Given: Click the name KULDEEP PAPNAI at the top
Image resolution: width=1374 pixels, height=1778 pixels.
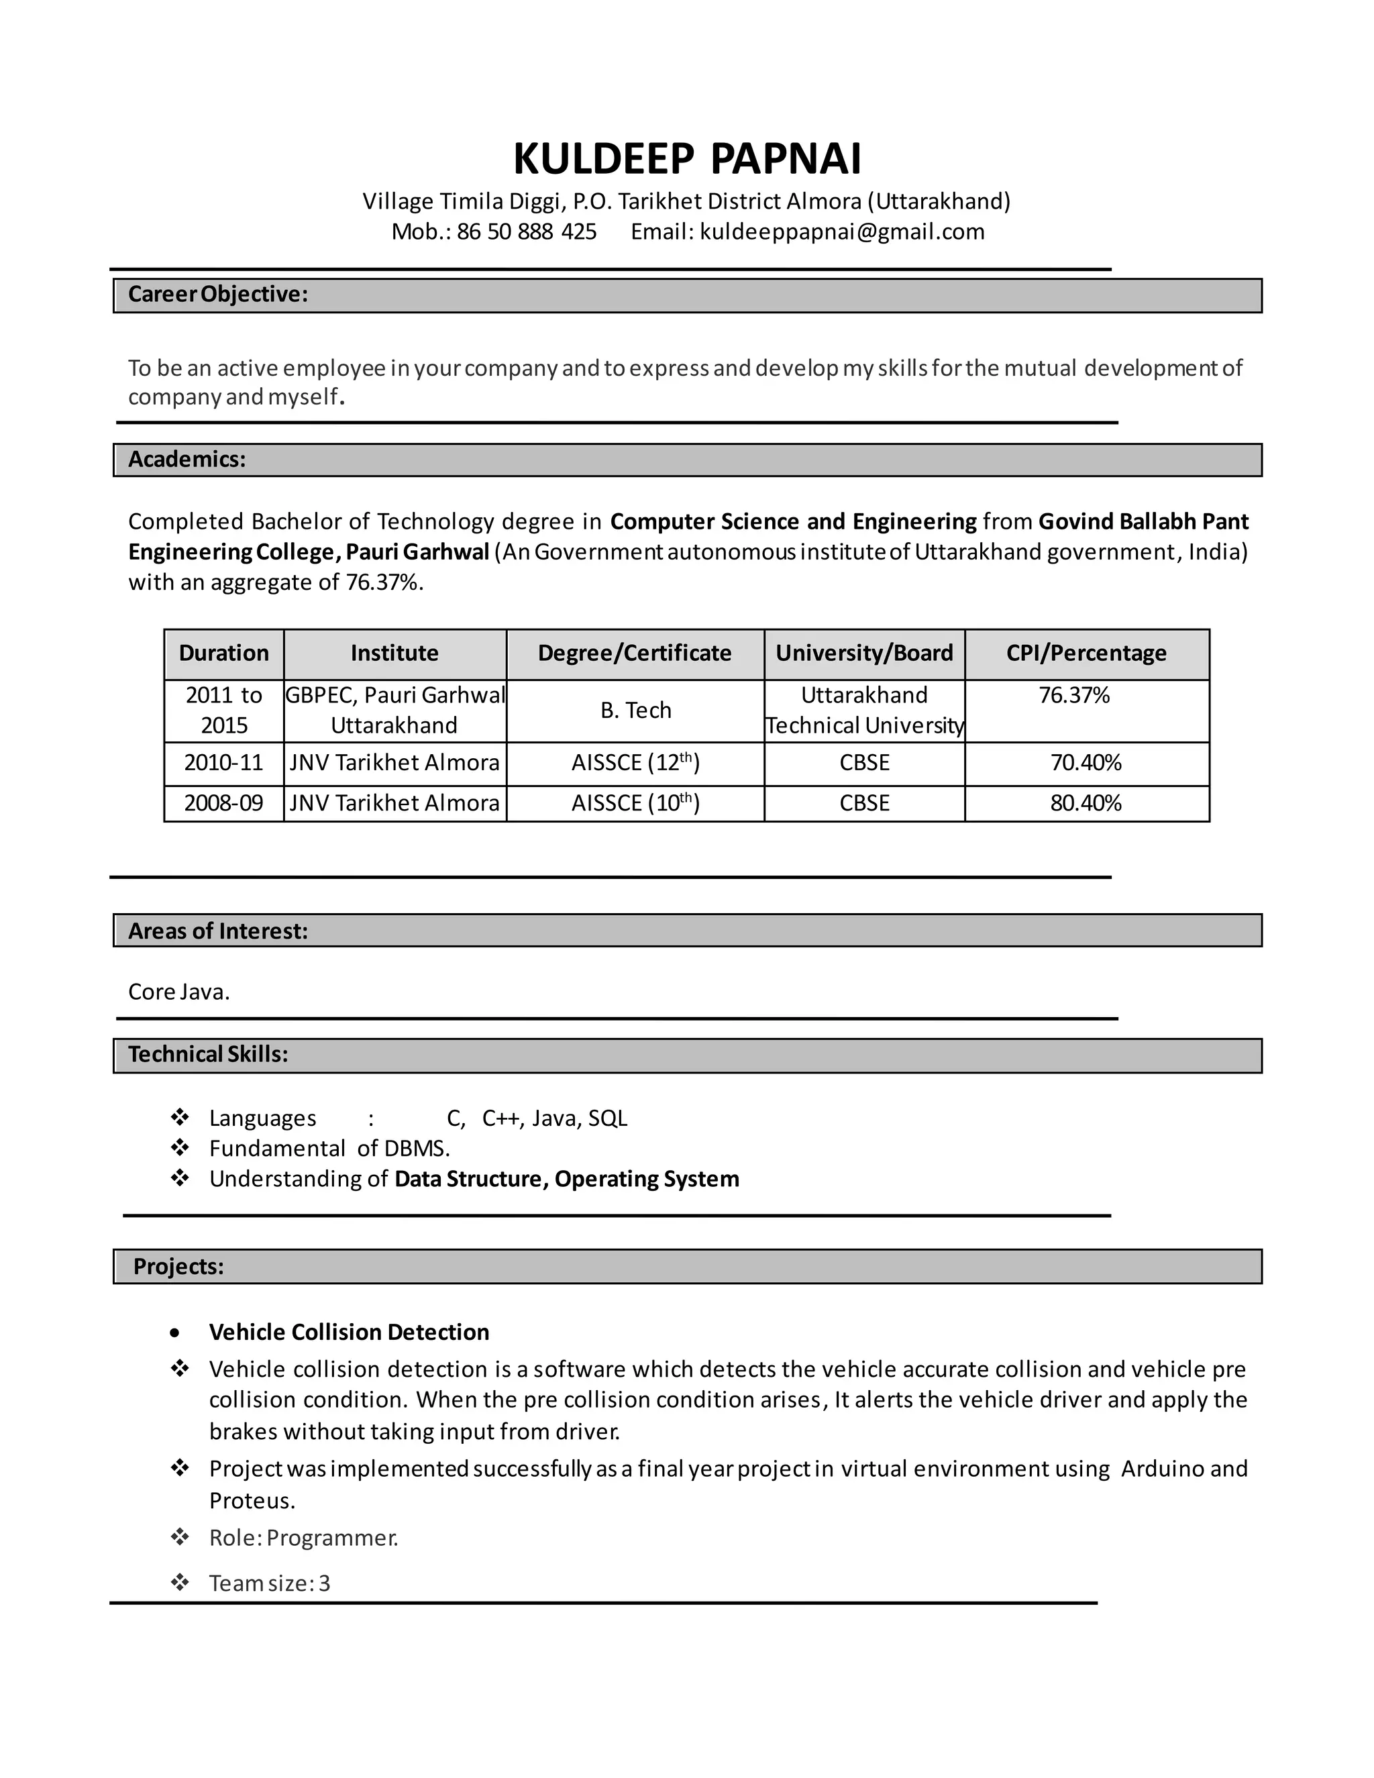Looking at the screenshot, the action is (x=686, y=159).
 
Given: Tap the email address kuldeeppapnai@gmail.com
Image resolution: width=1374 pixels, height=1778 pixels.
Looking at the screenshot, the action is (x=842, y=232).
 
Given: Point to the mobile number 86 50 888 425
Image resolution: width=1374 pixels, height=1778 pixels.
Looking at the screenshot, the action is (x=526, y=232).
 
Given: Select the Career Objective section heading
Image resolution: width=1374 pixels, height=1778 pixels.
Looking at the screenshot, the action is (x=217, y=295).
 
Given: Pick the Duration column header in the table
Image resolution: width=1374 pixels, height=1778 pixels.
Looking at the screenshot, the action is (x=224, y=653).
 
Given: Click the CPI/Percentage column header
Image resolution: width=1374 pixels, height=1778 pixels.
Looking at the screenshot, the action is (x=1086, y=653).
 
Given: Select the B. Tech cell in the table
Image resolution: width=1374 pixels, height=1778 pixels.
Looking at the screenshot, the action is (x=636, y=711).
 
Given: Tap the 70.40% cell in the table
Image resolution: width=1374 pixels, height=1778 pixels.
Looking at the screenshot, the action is (x=1086, y=763).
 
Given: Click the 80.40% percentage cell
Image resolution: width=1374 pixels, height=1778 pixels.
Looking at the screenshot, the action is (x=1086, y=804).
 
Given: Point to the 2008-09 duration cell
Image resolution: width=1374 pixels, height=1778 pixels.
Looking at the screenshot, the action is (x=224, y=804).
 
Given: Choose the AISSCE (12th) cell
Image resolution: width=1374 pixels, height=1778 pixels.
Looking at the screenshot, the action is (x=636, y=763).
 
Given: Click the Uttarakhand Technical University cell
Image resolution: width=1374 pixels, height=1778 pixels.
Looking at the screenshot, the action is (x=864, y=711).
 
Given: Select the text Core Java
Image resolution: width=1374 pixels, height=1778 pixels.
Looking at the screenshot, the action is (x=179, y=992).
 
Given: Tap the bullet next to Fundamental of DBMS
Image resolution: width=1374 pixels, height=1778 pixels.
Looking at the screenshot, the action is (x=180, y=1148).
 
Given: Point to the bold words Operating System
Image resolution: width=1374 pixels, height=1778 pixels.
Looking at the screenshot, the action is (x=647, y=1179).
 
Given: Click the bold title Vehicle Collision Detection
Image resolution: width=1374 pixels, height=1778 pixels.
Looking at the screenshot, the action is (x=349, y=1332).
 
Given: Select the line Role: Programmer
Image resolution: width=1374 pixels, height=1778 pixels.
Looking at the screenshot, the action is (x=304, y=1538).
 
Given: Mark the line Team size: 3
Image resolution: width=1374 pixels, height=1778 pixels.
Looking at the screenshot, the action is (x=270, y=1583).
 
